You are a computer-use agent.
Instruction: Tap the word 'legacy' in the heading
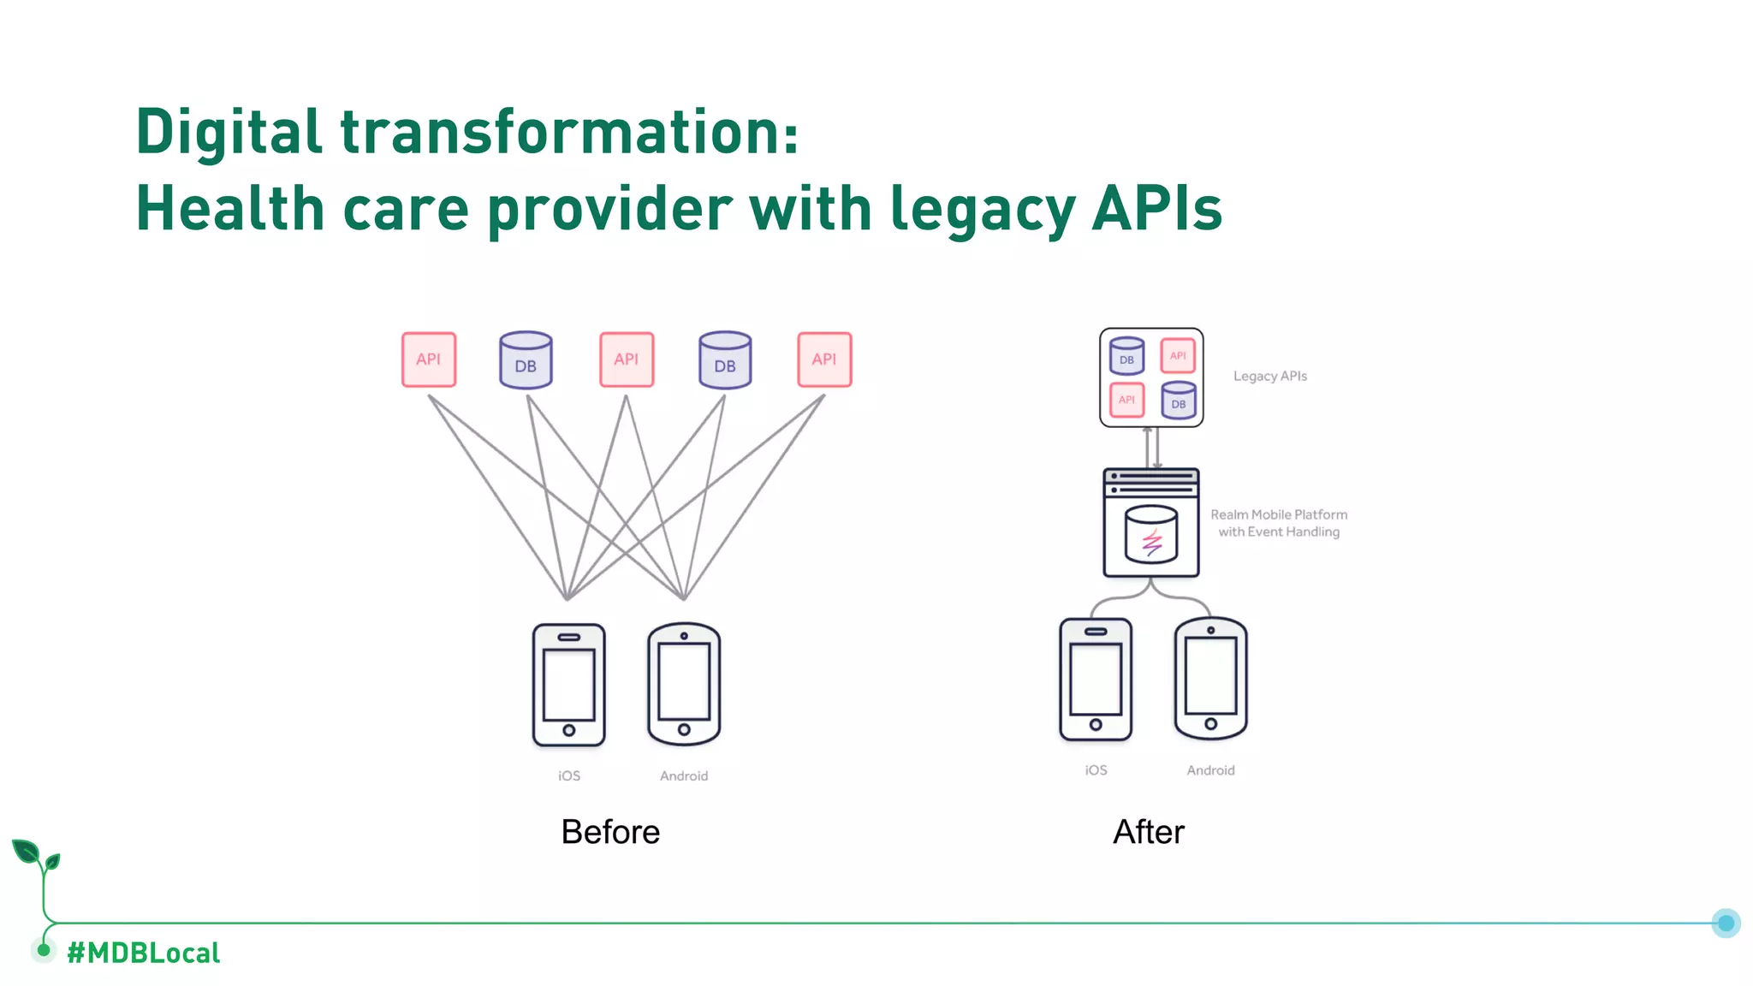[982, 210]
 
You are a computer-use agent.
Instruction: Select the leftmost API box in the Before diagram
[429, 359]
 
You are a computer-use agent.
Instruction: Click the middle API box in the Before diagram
[627, 359]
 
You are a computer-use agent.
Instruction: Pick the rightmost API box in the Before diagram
[824, 359]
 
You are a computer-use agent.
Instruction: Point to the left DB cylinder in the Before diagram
[526, 360]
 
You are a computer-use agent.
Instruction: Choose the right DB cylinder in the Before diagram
[725, 360]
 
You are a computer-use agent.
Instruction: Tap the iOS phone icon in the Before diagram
[569, 685]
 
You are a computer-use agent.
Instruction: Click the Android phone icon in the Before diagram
[684, 684]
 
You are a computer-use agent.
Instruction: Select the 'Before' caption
[610, 832]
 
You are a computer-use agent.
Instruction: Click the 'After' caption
[1149, 832]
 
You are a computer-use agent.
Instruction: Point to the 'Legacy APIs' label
[1270, 377]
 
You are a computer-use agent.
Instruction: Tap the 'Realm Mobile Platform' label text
[1279, 514]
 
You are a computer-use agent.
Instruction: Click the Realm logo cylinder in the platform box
[1151, 534]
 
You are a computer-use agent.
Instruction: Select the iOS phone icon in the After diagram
[1096, 680]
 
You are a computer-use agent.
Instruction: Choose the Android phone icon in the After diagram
[1210, 679]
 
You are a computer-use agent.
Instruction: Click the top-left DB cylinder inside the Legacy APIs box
[1126, 356]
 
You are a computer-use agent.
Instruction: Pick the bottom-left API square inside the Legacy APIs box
[1126, 400]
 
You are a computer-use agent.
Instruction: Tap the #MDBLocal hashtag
[144, 953]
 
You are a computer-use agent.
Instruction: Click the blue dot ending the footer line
[1726, 924]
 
